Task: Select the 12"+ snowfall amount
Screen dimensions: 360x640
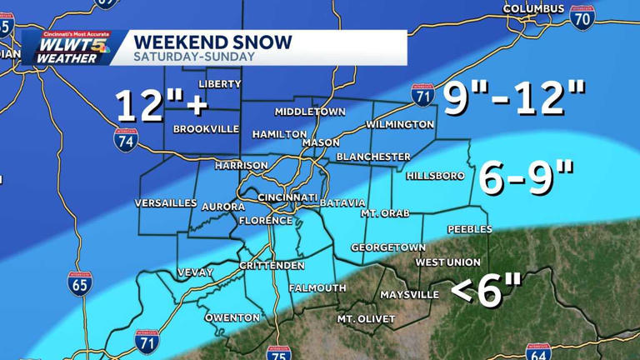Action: [x=159, y=106]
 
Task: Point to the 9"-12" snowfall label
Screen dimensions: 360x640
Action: [x=513, y=99]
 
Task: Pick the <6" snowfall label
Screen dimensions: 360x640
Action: [x=487, y=291]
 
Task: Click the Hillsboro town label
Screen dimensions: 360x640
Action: [x=433, y=176]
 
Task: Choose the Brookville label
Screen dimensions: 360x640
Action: [x=206, y=129]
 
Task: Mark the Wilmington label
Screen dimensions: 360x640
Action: [x=400, y=125]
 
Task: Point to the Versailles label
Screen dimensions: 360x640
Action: [x=167, y=203]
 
